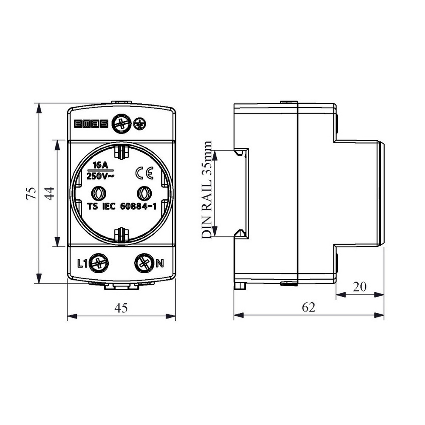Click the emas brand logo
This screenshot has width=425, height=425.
pyautogui.click(x=91, y=124)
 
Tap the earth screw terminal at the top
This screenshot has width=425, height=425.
pyautogui.click(x=122, y=124)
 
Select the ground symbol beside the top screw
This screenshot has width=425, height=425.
pyautogui.click(x=140, y=124)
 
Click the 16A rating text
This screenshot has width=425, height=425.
pyautogui.click(x=100, y=165)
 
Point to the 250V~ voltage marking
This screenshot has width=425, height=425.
pyautogui.click(x=100, y=176)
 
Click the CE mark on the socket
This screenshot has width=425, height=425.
pyautogui.click(x=144, y=173)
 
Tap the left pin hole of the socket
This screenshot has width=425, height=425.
pyautogui.click(x=99, y=193)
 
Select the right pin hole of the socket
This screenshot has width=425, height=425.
pyautogui.click(x=144, y=193)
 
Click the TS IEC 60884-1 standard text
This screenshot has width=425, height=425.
pyautogui.click(x=122, y=207)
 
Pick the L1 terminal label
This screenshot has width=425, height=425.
pyautogui.click(x=82, y=263)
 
